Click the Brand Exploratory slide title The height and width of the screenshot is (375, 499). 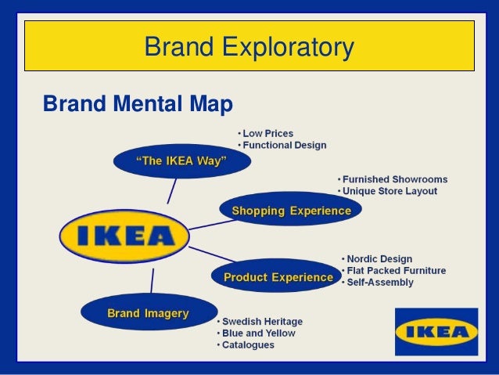coord(249,49)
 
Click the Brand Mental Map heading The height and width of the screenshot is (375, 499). coord(138,103)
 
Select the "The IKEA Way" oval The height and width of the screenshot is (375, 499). coord(181,161)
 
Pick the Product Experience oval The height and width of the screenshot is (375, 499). coord(278,277)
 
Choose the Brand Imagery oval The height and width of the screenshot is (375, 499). coord(148,313)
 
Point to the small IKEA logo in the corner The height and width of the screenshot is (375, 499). coord(436,331)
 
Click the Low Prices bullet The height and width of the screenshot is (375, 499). coord(268,133)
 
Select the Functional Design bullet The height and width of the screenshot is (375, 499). coord(284,145)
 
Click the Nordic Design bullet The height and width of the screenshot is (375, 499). coord(379,259)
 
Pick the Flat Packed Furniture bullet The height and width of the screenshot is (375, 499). coord(395,271)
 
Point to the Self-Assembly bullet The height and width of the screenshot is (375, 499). coord(379,282)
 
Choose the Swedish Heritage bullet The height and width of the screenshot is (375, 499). coord(261,322)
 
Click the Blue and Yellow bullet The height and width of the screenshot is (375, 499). coord(258,333)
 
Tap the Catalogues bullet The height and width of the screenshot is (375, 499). coord(248,344)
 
